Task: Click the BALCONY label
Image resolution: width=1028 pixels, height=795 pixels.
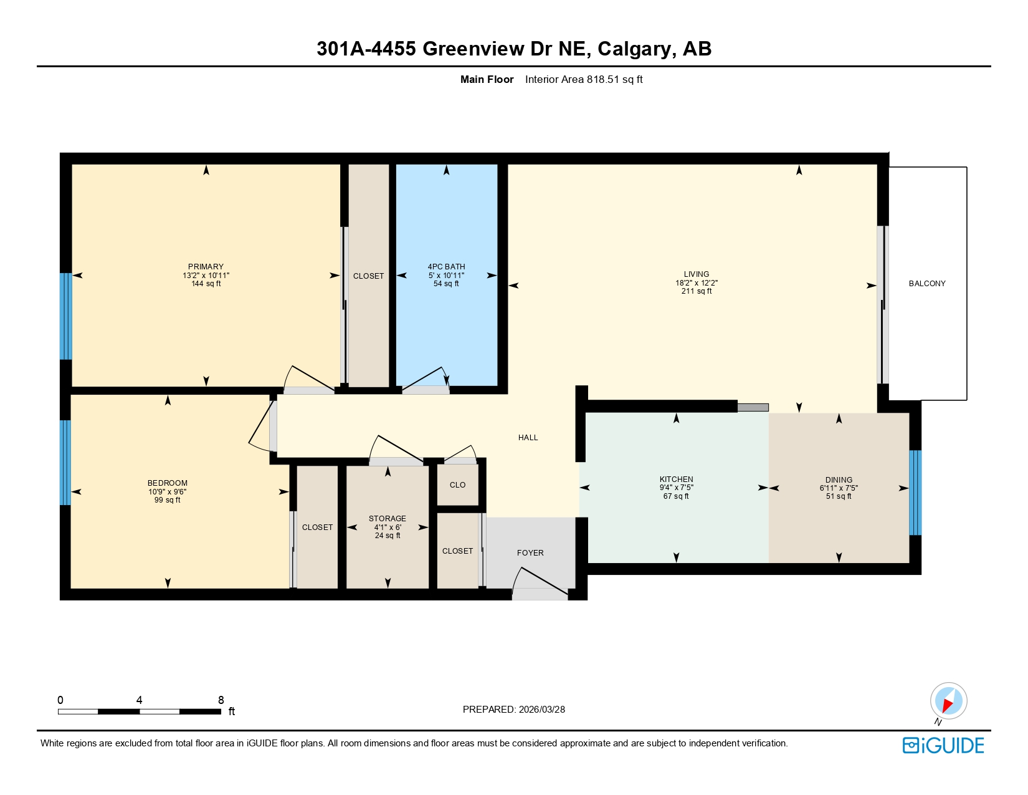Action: tap(926, 284)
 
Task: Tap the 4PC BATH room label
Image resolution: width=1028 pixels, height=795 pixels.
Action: tap(446, 267)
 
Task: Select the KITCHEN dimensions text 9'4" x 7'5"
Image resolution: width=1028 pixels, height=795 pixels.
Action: tap(676, 488)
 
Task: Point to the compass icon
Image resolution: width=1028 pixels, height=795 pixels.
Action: tap(948, 701)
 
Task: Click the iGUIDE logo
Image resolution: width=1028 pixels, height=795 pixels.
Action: tap(943, 746)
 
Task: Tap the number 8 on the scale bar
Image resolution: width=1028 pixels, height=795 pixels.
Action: tap(221, 700)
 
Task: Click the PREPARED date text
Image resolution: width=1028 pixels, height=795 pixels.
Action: tap(513, 710)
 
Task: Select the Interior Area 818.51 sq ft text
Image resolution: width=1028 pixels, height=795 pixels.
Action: tap(583, 79)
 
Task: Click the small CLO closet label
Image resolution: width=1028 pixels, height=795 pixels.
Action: tap(457, 485)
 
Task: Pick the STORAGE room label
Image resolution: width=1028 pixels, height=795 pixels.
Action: tap(387, 519)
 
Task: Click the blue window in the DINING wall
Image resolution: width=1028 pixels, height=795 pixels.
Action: tap(915, 493)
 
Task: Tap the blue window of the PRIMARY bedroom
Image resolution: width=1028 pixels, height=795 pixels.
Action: tap(65, 316)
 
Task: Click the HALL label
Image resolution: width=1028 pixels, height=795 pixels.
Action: tap(528, 438)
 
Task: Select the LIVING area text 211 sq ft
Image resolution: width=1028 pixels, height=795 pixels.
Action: tap(696, 291)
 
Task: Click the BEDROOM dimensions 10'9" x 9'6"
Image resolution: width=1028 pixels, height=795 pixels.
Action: tap(167, 492)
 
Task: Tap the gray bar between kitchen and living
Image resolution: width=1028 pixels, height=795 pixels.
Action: tap(753, 408)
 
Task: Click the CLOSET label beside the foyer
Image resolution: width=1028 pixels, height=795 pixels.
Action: tap(457, 551)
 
